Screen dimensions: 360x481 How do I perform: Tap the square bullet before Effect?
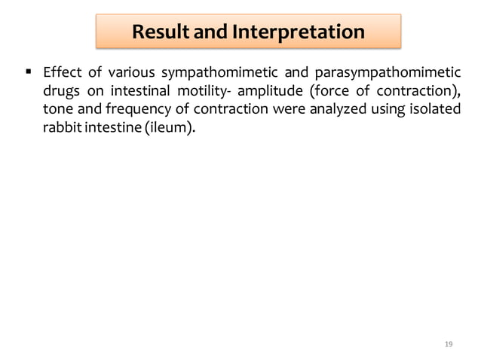coord(27,73)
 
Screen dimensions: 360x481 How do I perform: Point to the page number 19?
coord(449,344)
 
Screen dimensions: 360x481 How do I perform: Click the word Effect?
coord(61,75)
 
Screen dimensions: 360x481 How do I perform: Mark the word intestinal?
coord(143,92)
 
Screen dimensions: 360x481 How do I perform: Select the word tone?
coord(57,109)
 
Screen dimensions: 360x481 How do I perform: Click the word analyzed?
coord(337,109)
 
